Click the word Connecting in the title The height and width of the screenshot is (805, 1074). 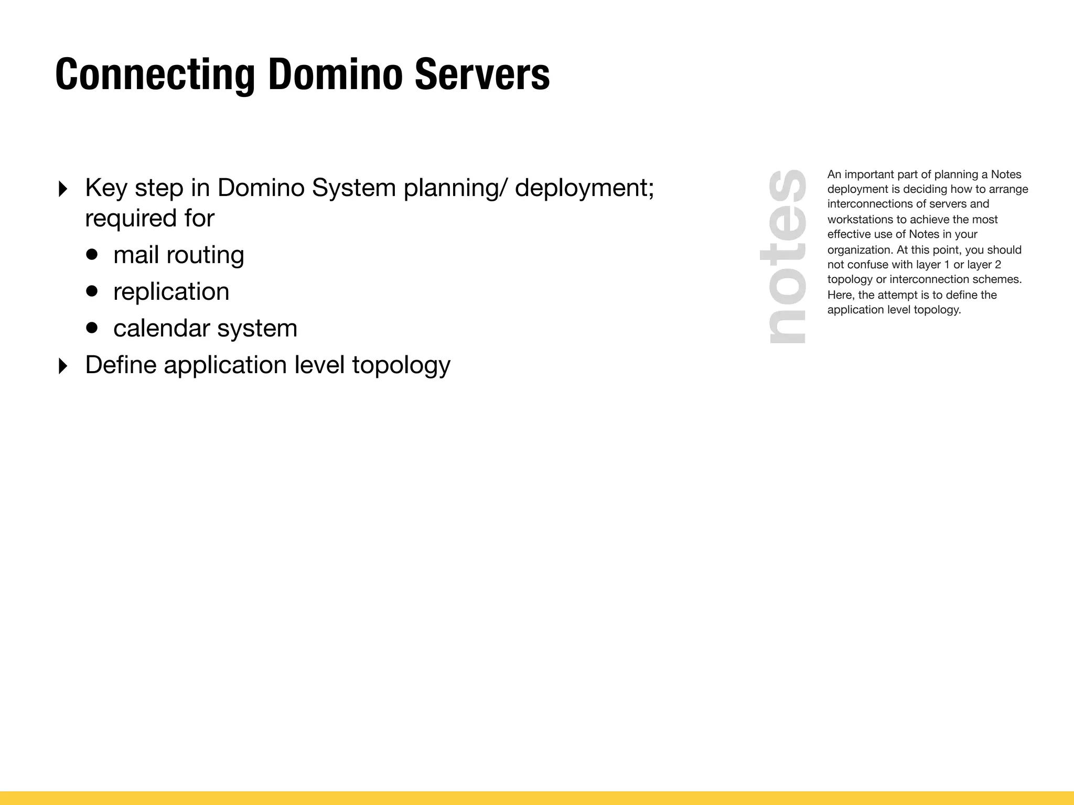(155, 75)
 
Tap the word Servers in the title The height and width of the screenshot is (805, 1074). (482, 75)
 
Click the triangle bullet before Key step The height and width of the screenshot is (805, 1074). (63, 189)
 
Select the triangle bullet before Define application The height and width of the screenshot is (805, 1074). (63, 366)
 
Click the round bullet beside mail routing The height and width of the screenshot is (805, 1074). (92, 255)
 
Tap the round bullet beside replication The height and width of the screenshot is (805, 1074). (92, 291)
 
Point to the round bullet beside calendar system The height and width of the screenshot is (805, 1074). (92, 328)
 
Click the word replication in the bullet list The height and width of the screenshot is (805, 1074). (171, 292)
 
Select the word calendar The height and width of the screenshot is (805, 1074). (162, 329)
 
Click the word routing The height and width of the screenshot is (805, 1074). (205, 256)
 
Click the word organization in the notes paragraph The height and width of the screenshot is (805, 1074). (860, 250)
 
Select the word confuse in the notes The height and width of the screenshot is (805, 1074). (867, 265)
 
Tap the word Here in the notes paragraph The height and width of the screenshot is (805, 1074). (840, 295)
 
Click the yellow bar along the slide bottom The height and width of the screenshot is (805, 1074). (537, 798)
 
